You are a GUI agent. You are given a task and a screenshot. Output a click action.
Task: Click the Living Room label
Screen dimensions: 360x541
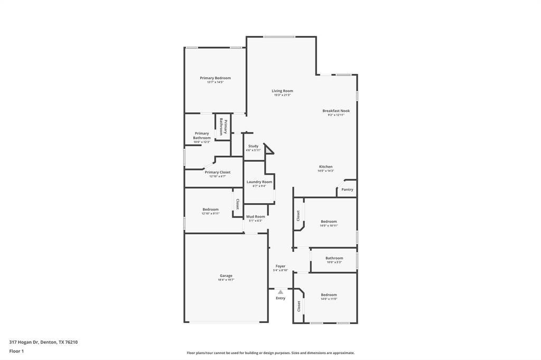click(x=282, y=91)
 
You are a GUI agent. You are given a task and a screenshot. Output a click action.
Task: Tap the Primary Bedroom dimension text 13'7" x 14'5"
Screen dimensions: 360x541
click(x=215, y=82)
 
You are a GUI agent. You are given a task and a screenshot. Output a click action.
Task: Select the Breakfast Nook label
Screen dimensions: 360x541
click(x=336, y=111)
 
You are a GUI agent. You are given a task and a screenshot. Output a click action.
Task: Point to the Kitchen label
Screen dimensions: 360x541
click(x=325, y=167)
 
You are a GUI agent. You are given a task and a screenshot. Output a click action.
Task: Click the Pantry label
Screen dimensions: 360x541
click(x=347, y=190)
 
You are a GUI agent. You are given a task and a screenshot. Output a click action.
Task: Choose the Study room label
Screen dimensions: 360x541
click(x=253, y=146)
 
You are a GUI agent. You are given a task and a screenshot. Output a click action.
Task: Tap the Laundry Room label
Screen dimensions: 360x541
click(x=259, y=182)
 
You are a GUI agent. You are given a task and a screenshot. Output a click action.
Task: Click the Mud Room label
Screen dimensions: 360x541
click(x=256, y=216)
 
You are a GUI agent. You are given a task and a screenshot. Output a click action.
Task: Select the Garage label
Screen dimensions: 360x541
click(x=226, y=276)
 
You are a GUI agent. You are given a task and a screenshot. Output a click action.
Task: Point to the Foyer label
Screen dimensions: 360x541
click(x=280, y=266)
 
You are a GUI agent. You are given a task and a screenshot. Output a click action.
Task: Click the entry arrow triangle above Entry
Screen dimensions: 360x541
click(x=281, y=291)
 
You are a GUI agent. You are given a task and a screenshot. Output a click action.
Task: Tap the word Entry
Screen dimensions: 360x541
click(x=281, y=298)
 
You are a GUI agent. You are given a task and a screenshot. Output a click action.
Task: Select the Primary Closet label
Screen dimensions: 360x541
click(x=218, y=172)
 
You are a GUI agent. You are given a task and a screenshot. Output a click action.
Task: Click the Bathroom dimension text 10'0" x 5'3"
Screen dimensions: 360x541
click(x=334, y=262)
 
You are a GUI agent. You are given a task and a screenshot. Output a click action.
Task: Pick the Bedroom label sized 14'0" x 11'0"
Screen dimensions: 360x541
click(x=329, y=295)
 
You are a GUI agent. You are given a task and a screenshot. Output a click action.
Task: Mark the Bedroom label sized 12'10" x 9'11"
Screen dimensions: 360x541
click(x=210, y=210)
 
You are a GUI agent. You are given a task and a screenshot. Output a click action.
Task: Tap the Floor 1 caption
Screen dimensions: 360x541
click(x=16, y=351)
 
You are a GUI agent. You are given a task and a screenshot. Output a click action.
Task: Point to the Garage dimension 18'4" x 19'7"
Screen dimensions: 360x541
click(x=226, y=280)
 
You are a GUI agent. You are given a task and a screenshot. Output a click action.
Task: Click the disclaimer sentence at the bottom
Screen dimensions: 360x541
click(x=270, y=353)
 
